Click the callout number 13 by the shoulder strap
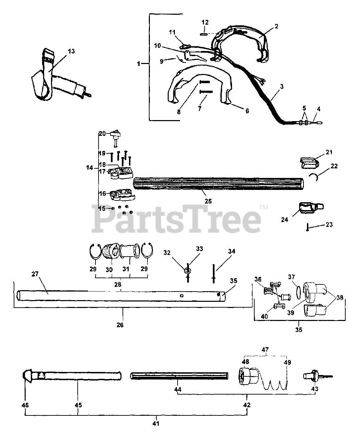(71, 51)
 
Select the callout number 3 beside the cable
(281, 87)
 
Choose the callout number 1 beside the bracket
(138, 64)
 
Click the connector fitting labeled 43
(311, 376)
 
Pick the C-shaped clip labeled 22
(317, 177)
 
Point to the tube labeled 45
(82, 375)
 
